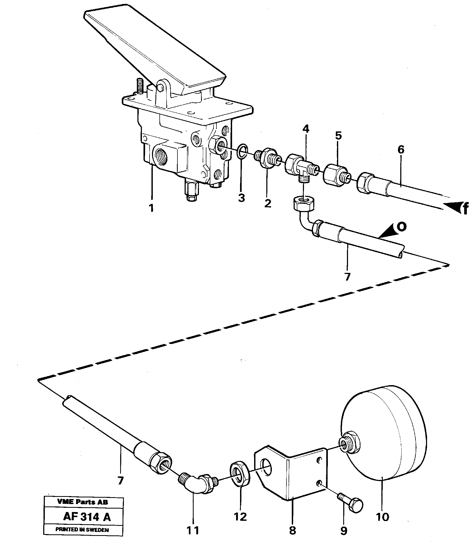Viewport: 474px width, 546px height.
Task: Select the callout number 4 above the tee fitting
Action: click(306, 129)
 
